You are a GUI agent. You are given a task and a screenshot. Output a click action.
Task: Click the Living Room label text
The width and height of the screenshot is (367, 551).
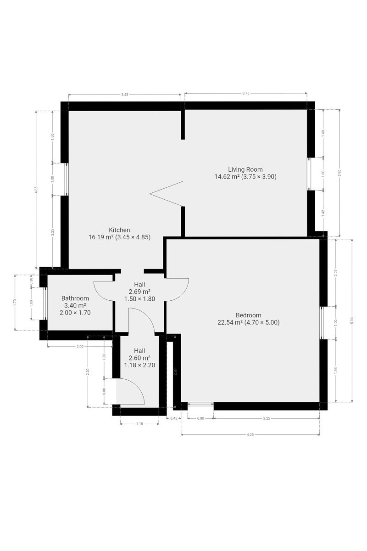pyautogui.click(x=245, y=169)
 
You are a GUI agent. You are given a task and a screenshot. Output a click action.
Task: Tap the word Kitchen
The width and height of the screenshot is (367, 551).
pyautogui.click(x=119, y=230)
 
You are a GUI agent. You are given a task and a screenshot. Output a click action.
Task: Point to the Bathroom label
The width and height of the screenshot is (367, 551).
pyautogui.click(x=75, y=298)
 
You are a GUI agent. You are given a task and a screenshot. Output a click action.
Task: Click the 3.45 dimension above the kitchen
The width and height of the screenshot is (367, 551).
pyautogui.click(x=125, y=95)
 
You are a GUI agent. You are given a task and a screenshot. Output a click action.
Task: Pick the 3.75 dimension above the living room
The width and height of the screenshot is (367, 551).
pyautogui.click(x=246, y=93)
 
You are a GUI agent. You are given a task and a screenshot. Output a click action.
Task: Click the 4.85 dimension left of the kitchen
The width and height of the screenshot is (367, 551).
pyautogui.click(x=36, y=190)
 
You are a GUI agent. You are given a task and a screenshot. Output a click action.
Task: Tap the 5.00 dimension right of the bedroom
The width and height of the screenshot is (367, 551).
pyautogui.click(x=352, y=320)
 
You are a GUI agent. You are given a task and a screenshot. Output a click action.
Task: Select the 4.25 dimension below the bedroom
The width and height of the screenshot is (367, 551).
pyautogui.click(x=250, y=435)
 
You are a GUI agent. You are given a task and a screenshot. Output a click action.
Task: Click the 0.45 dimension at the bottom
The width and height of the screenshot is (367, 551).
pyautogui.click(x=174, y=418)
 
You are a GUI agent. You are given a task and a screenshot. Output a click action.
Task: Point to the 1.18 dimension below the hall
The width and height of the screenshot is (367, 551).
pyautogui.click(x=139, y=423)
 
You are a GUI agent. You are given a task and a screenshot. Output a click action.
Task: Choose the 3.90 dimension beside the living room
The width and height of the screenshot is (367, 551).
pyautogui.click(x=339, y=173)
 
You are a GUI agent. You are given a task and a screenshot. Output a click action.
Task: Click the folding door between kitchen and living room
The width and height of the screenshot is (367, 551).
pyautogui.click(x=167, y=194)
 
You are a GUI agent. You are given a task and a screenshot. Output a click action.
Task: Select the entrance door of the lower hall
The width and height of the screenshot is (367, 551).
pyautogui.click(x=130, y=391)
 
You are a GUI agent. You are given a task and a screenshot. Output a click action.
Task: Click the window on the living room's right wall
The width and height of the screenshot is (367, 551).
pyautogui.click(x=310, y=174)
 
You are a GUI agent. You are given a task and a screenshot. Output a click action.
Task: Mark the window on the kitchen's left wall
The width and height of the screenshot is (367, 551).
pyautogui.click(x=66, y=179)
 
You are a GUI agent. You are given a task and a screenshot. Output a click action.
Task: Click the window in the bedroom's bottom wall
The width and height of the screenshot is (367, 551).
pyautogui.click(x=200, y=404)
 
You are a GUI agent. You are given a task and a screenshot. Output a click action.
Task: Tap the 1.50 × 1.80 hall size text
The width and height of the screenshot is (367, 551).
pyautogui.click(x=139, y=299)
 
